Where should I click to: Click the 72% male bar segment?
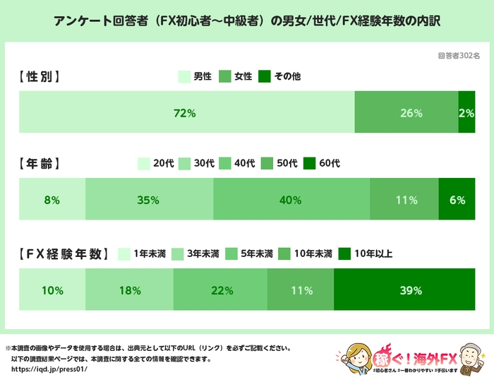186,112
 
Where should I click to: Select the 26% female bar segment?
406,112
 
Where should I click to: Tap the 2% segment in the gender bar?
466,112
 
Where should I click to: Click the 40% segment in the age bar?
291,200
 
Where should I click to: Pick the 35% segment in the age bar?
149,200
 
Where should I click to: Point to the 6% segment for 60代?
457,200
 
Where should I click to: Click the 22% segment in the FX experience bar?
220,290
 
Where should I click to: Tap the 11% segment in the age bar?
404,200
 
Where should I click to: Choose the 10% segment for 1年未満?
52,290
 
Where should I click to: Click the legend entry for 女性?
237,76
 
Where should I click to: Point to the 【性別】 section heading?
40,76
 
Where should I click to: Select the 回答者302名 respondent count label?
459,55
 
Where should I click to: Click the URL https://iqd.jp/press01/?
50,369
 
